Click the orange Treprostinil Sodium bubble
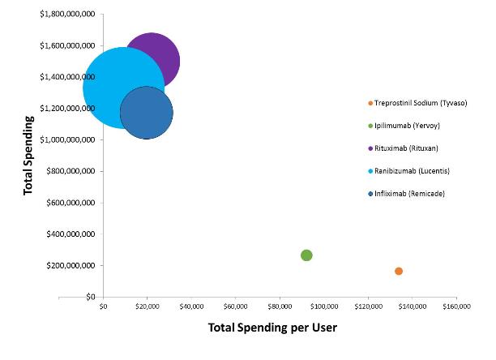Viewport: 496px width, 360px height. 399,271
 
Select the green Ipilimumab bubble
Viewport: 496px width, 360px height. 306,255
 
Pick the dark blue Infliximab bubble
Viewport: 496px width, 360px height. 147,113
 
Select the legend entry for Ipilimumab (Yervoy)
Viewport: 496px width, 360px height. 408,126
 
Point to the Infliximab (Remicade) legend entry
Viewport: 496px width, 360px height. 408,194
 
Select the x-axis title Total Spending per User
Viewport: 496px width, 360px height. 272,328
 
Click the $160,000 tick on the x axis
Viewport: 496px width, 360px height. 456,306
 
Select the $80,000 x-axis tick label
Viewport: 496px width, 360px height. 280,306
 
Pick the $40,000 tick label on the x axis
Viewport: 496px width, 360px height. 191,306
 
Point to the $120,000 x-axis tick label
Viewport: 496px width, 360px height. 368,306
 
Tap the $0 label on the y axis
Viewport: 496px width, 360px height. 90,298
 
